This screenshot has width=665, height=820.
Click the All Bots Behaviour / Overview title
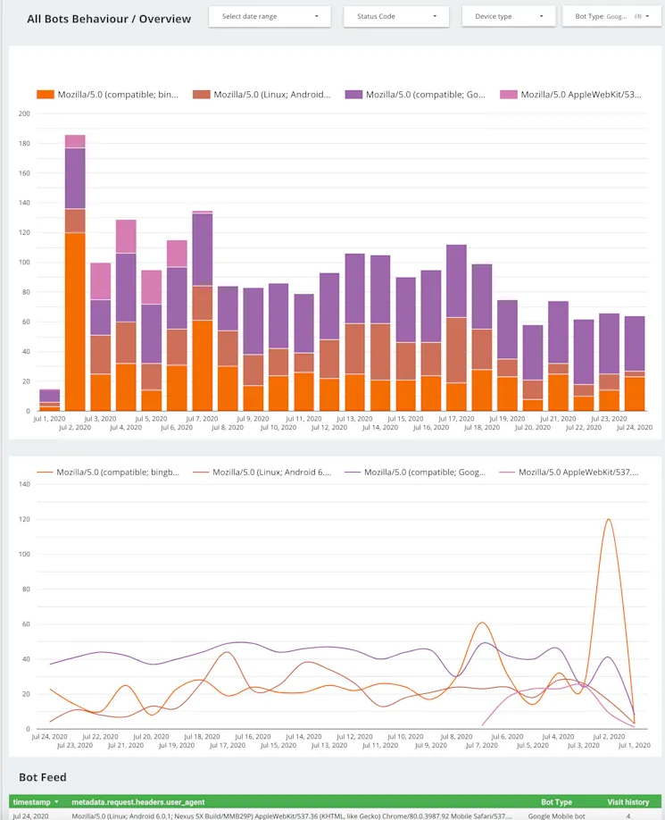pyautogui.click(x=109, y=18)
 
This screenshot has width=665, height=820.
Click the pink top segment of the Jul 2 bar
pyautogui.click(x=75, y=141)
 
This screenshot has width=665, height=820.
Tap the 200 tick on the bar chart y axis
pyautogui.click(x=24, y=113)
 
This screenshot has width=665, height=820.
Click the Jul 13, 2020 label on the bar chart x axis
pyautogui.click(x=355, y=418)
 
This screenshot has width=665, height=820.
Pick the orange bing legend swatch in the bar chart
pyautogui.click(x=46, y=94)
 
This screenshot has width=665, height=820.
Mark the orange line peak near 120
pyautogui.click(x=609, y=520)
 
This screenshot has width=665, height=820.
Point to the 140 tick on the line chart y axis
pyautogui.click(x=24, y=484)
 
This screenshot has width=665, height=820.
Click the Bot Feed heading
pyautogui.click(x=43, y=777)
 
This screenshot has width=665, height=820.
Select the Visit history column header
pyautogui.click(x=628, y=802)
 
